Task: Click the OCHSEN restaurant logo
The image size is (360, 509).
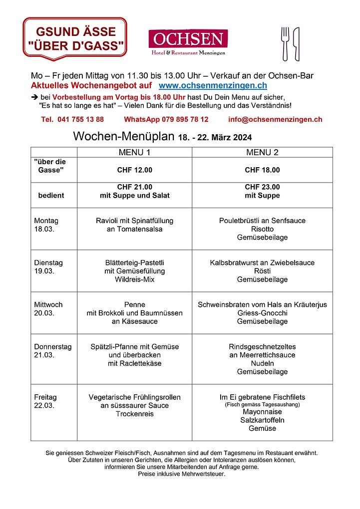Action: pyautogui.click(x=188, y=42)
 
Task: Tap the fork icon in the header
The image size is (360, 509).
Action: pyautogui.click(x=285, y=43)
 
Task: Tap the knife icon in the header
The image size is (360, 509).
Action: pyautogui.click(x=296, y=43)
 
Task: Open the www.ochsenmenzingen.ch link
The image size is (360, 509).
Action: pyautogui.click(x=212, y=86)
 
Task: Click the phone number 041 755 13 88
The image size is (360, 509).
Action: pyautogui.click(x=73, y=120)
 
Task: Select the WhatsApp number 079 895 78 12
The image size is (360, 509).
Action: pyautogui.click(x=166, y=120)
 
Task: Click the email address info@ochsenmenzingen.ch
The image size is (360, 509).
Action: pyautogui.click(x=275, y=120)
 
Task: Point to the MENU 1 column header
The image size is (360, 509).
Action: pyautogui.click(x=134, y=152)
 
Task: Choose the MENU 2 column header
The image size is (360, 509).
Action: pyautogui.click(x=262, y=152)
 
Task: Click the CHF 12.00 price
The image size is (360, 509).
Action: pyautogui.click(x=134, y=170)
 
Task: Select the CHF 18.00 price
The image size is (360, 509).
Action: pyautogui.click(x=262, y=170)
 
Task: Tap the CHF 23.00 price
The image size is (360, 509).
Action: pyautogui.click(x=262, y=187)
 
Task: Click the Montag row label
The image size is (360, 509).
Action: pyautogui.click(x=46, y=221)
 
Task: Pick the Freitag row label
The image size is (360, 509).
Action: pyautogui.click(x=45, y=397)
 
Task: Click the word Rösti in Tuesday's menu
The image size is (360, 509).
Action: pyautogui.click(x=262, y=271)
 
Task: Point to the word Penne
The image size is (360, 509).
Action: pyautogui.click(x=134, y=304)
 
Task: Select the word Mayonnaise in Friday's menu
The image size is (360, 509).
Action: pyautogui.click(x=262, y=412)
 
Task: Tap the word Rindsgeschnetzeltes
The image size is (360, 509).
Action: pyautogui.click(x=262, y=346)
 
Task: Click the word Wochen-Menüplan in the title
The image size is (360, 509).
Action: pyautogui.click(x=123, y=137)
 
